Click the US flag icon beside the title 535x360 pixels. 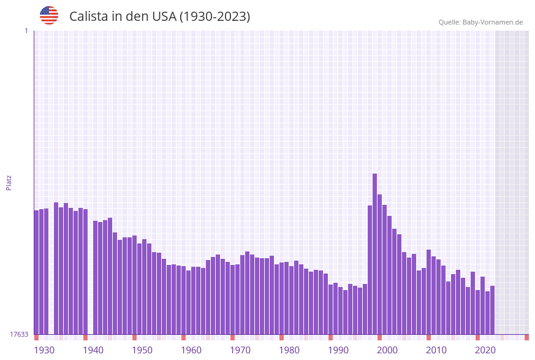click(49, 15)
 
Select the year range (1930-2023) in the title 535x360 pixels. click(214, 17)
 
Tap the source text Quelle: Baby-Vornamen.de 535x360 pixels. click(480, 22)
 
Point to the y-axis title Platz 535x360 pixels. click(9, 182)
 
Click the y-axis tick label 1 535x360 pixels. click(26, 31)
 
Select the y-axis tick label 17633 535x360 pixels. click(18, 334)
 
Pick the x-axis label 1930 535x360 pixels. click(44, 350)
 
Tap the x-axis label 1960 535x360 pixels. click(191, 350)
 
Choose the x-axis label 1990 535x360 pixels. click(338, 350)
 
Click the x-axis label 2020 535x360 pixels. click(485, 350)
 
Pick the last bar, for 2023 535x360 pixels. click(492, 310)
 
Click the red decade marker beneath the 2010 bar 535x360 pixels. click(428, 337)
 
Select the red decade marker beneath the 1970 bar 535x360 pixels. click(232, 337)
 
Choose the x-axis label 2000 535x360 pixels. click(387, 350)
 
